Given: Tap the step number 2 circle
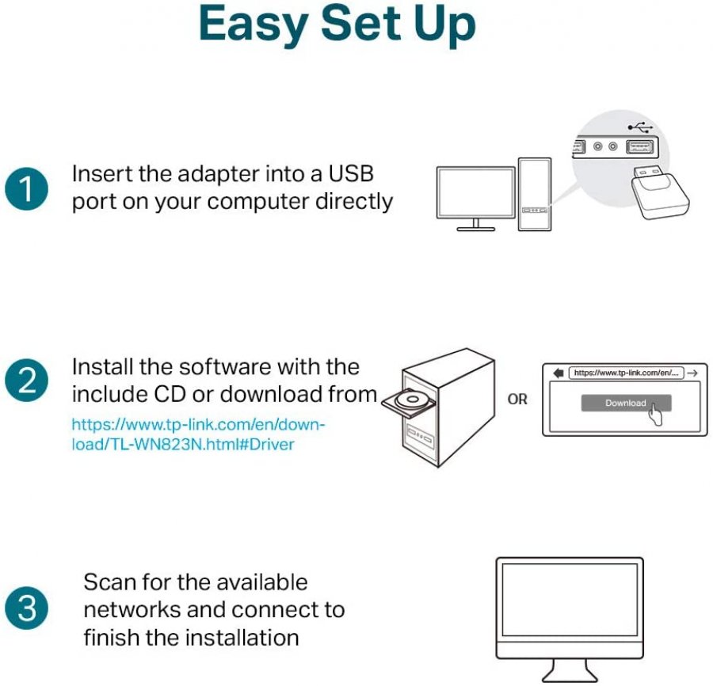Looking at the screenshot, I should pyautogui.click(x=25, y=381).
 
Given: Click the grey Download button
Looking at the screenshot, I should pyautogui.click(x=625, y=403).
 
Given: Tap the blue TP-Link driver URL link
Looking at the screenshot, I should pyautogui.click(x=198, y=434).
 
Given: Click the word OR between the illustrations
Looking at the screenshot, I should pyautogui.click(x=517, y=400).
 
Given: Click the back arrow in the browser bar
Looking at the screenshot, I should pyautogui.click(x=558, y=372).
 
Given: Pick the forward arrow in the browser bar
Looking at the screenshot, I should pyautogui.click(x=692, y=372).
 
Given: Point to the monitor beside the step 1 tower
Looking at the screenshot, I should pyautogui.click(x=473, y=195).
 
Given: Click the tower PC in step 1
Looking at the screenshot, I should pyautogui.click(x=534, y=195).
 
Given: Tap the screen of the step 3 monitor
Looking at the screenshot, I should pyautogui.click(x=569, y=600).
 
